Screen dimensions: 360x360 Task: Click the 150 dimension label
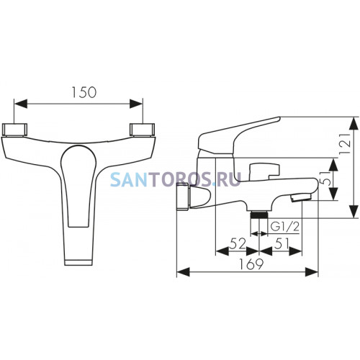(84, 93)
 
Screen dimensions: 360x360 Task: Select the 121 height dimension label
(346, 144)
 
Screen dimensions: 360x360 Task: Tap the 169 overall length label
(251, 264)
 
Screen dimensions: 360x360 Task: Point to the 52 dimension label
(238, 244)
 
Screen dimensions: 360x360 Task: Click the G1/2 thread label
(285, 227)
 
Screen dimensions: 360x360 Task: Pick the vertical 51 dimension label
(328, 179)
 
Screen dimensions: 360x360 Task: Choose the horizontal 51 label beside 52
(282, 244)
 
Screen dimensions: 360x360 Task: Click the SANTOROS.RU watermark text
(175, 179)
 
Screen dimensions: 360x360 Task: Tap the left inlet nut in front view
(14, 130)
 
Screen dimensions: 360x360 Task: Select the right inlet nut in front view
(142, 130)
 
